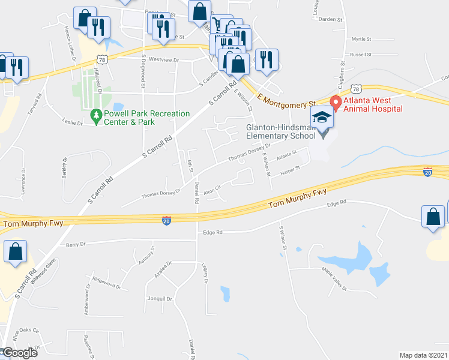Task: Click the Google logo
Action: point(19,353)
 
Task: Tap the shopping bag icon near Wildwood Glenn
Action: point(15,253)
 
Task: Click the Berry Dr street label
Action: point(76,244)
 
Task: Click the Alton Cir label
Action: point(212,191)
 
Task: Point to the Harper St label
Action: point(289,173)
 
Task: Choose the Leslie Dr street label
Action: point(72,122)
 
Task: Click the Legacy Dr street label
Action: point(205,273)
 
